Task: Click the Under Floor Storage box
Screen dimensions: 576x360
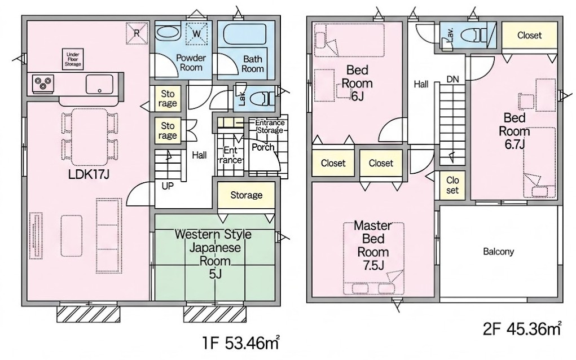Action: point(72,59)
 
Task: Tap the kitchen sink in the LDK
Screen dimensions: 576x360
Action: point(99,84)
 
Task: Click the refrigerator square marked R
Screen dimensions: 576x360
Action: point(137,33)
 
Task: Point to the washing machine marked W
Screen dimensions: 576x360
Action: point(197,34)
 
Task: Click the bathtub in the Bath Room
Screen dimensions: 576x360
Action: point(244,35)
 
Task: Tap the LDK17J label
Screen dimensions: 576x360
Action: point(89,174)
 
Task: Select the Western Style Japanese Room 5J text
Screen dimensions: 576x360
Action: point(214,254)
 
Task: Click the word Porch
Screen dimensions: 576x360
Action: point(263,147)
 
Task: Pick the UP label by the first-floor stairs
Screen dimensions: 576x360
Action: point(168,186)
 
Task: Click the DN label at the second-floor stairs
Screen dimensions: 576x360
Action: point(452,79)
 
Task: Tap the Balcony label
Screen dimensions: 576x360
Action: point(498,252)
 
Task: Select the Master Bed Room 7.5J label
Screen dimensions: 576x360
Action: point(373,245)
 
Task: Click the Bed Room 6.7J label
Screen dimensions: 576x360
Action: point(515,131)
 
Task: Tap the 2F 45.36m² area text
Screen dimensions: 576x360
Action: point(522,328)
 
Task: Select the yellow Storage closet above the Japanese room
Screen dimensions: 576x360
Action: point(246,195)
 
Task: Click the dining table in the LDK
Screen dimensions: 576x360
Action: point(90,137)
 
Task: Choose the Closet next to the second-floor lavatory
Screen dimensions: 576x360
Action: point(529,35)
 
